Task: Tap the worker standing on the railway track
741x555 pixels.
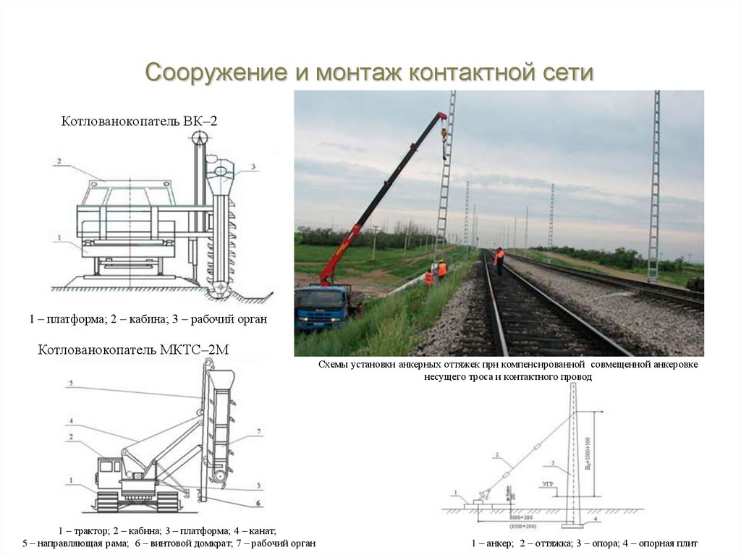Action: tap(499, 260)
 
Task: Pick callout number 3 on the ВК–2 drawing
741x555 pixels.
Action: tap(254, 167)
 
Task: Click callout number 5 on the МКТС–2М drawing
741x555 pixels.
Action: tap(70, 382)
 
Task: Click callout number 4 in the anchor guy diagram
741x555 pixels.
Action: tap(595, 518)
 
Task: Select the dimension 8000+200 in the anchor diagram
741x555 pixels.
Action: tap(520, 519)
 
